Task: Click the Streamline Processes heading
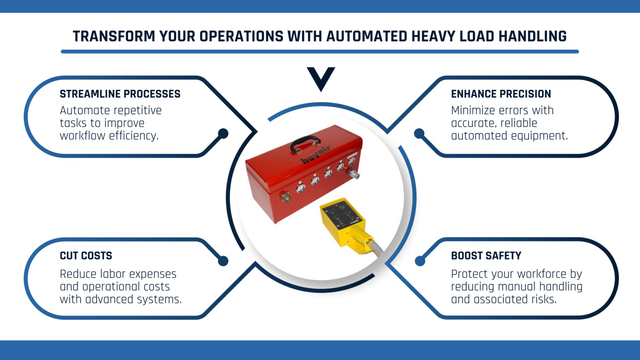[120, 94]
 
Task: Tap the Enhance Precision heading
[501, 94]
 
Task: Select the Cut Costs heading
[86, 256]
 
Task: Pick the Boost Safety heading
[486, 256]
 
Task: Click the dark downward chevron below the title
[321, 77]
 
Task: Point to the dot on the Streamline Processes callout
[223, 133]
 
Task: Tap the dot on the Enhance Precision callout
[419, 133]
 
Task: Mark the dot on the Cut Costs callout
[223, 261]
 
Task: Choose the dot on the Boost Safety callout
[419, 261]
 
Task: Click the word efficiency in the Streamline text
[134, 136]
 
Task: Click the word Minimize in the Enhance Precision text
[476, 110]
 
